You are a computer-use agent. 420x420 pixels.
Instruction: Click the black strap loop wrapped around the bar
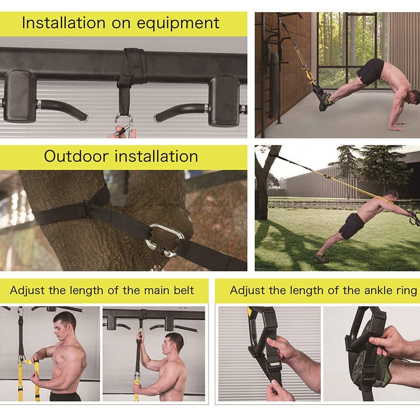pyautogui.click(x=131, y=66)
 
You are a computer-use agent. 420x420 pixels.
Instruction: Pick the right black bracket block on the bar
pyautogui.click(x=224, y=100)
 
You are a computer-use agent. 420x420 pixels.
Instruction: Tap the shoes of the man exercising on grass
pyautogui.click(x=321, y=258)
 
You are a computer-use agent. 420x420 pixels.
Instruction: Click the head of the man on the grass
pyautogui.click(x=392, y=195)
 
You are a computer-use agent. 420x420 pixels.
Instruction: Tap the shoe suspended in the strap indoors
pyautogui.click(x=325, y=101)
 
